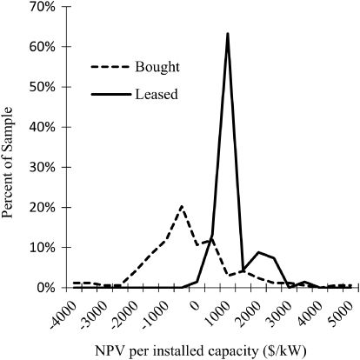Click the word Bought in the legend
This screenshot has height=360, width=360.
pyautogui.click(x=157, y=67)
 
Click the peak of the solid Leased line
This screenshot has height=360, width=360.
pyautogui.click(x=227, y=34)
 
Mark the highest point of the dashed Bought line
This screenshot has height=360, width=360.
pyautogui.click(x=181, y=207)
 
